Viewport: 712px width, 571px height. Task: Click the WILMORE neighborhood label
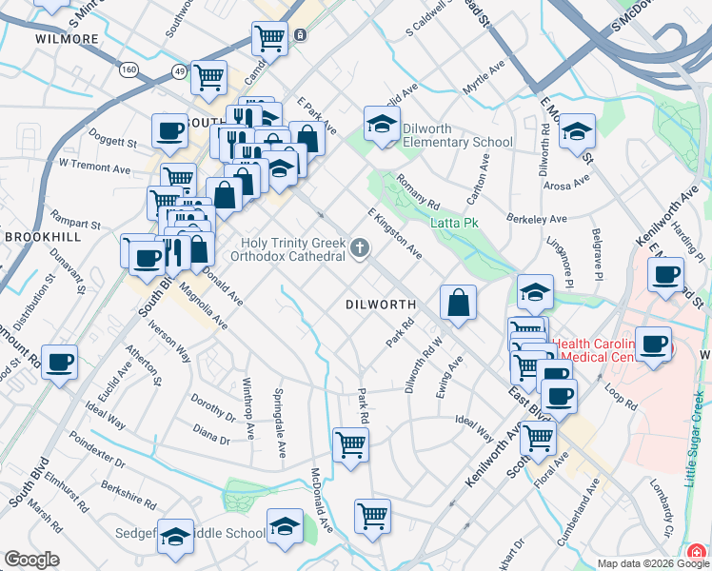pyautogui.click(x=67, y=39)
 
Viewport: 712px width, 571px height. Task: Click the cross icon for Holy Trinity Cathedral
pyautogui.click(x=359, y=249)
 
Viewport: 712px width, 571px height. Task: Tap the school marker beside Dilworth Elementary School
pyautogui.click(x=382, y=125)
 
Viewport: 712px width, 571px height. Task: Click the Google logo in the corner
pyautogui.click(x=32, y=560)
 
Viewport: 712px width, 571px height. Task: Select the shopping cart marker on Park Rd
pyautogui.click(x=350, y=443)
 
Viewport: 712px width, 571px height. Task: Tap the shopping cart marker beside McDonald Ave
pyautogui.click(x=372, y=517)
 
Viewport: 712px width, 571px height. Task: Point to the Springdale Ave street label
pyautogui.click(x=279, y=423)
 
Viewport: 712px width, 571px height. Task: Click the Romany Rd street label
pyautogui.click(x=418, y=192)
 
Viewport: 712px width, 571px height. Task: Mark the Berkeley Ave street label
pyautogui.click(x=537, y=219)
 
